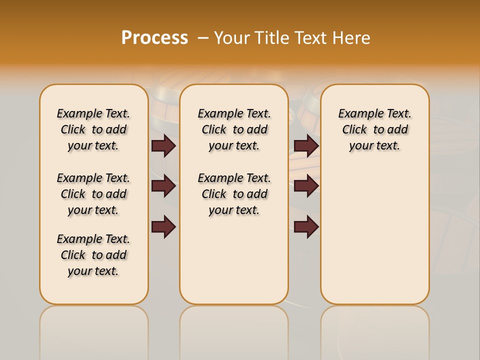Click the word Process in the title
tap(154, 38)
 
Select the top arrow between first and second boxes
tap(163, 145)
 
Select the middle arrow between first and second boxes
tap(163, 186)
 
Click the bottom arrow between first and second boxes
tap(163, 227)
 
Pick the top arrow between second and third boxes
tap(306, 145)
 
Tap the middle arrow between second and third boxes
tap(306, 186)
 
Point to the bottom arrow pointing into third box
tap(306, 227)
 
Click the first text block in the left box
tap(93, 129)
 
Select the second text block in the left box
tap(93, 194)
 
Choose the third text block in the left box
tap(93, 255)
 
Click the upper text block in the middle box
tap(234, 129)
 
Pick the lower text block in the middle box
tap(234, 194)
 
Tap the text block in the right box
tap(375, 129)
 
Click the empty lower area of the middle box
tap(234, 260)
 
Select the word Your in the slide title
tap(231, 38)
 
